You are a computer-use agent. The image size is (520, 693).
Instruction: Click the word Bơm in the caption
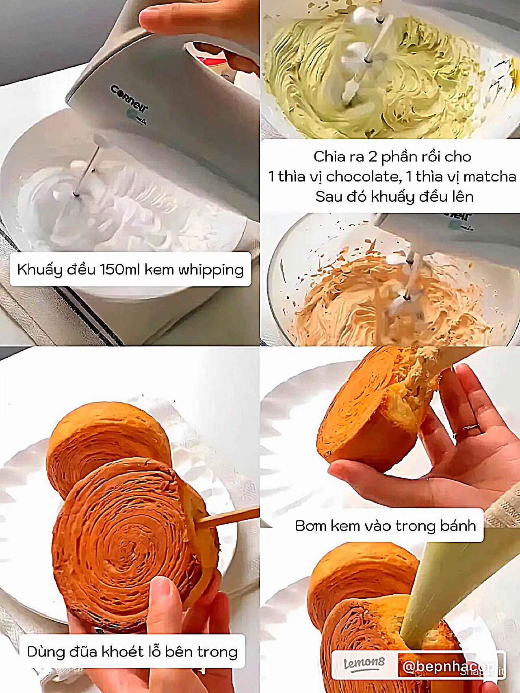click(310, 526)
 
